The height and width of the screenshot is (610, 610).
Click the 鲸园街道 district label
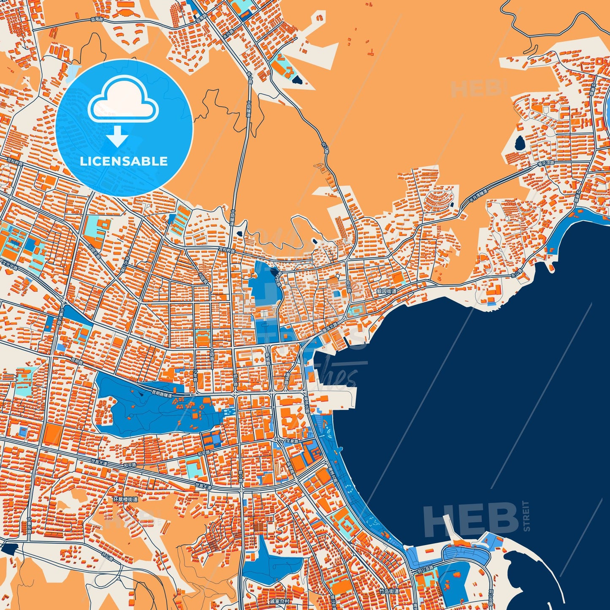pyautogui.click(x=387, y=291)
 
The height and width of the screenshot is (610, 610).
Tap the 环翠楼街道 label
pyautogui.click(x=125, y=499)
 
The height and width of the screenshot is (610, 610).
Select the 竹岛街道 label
pyautogui.click(x=389, y=592)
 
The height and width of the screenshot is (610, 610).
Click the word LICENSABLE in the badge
pyautogui.click(x=124, y=161)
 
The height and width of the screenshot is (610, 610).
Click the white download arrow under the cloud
pyautogui.click(x=118, y=136)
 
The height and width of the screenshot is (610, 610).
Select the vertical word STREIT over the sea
pyautogui.click(x=526, y=516)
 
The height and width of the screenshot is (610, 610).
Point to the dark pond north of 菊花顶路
pyautogui.click(x=519, y=143)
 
